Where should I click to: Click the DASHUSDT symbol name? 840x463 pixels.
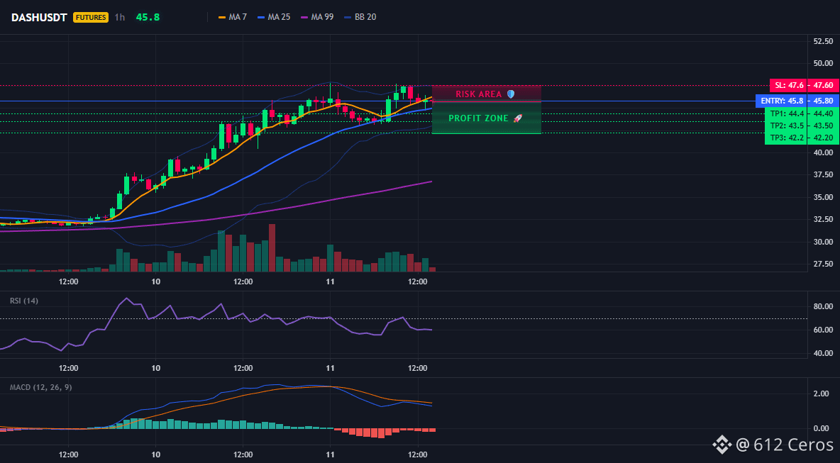click(x=39, y=17)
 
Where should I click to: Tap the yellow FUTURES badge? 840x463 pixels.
click(x=91, y=17)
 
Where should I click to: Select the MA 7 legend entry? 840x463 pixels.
click(x=233, y=17)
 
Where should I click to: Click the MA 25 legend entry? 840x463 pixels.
click(x=274, y=17)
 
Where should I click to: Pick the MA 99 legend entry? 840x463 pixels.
click(x=317, y=17)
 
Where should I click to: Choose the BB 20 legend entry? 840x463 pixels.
click(x=360, y=17)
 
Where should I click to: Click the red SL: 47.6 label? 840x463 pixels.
click(x=789, y=85)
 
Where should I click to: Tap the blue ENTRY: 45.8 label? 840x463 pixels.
click(x=782, y=101)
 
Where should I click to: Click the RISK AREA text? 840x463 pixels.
click(x=479, y=94)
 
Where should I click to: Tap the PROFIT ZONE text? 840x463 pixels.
click(x=478, y=118)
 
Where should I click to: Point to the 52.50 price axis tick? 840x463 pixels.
click(x=823, y=41)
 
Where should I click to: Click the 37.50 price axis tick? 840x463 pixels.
click(x=823, y=174)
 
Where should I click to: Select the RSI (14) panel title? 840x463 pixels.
click(x=24, y=301)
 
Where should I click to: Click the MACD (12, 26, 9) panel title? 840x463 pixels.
click(x=40, y=387)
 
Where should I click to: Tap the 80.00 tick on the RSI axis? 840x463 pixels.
click(x=823, y=307)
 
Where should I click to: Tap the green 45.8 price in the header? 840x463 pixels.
click(x=148, y=17)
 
